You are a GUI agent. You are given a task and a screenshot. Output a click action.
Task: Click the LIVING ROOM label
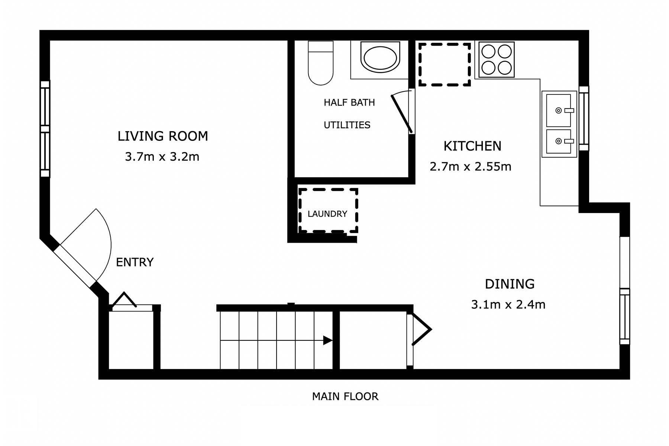point(163,136)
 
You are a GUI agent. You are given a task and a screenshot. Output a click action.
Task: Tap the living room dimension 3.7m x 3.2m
point(162,157)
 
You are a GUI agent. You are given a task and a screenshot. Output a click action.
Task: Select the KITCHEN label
point(472,146)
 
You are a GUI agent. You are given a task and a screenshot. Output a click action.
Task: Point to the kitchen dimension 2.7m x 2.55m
point(471,167)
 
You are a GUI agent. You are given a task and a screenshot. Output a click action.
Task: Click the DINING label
point(510,284)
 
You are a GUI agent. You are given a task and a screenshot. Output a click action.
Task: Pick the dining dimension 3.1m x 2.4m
point(508,305)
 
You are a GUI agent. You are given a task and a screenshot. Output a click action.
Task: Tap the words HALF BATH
point(349,103)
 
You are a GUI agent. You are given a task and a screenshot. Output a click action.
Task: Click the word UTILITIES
point(347,125)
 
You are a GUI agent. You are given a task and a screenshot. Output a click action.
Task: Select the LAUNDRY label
point(327,214)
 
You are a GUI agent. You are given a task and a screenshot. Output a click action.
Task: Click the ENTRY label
point(135,262)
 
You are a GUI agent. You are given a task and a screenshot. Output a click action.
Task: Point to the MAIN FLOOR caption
point(345,397)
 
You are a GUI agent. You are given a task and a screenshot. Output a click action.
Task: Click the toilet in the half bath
point(320,63)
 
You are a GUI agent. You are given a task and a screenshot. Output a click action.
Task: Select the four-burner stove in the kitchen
point(497,59)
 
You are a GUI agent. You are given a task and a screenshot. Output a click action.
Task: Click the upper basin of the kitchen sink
point(559,110)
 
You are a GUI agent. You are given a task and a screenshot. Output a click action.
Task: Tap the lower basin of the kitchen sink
point(559,141)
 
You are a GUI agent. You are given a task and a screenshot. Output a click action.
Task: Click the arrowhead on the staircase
point(327,340)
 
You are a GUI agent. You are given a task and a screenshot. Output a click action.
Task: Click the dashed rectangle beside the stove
point(445,65)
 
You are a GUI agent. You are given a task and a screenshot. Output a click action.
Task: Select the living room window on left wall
point(45,129)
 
